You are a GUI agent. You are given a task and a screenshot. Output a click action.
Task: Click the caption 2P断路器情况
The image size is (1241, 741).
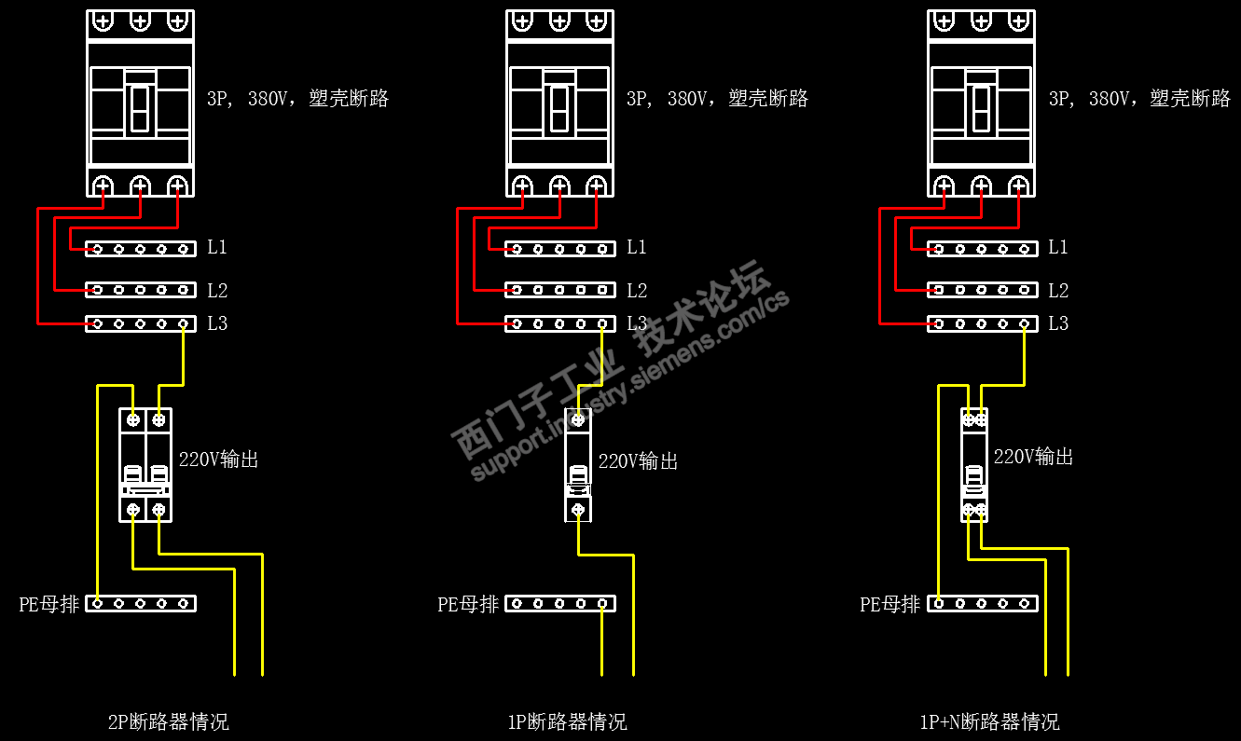click(168, 722)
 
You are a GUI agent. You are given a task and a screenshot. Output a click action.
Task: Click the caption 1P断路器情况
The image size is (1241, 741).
click(567, 722)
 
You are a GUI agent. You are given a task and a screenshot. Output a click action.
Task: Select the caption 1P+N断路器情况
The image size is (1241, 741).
click(989, 722)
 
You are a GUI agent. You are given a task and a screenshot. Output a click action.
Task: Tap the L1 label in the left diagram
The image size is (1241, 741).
click(217, 248)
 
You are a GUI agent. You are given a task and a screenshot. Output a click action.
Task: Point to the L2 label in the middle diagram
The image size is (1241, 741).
click(637, 291)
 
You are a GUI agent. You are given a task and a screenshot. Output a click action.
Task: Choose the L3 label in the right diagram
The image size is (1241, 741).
click(1058, 324)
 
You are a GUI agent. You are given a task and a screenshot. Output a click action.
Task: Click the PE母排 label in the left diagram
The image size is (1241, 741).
click(49, 604)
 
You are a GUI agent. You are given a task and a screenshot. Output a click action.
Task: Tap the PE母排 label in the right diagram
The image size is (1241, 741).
click(889, 604)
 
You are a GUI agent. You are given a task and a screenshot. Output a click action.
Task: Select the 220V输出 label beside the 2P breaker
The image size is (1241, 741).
click(219, 460)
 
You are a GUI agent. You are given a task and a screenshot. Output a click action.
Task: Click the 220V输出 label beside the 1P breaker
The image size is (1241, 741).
click(639, 461)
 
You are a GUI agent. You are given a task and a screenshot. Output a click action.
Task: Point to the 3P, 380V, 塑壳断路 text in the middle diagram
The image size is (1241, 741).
click(717, 99)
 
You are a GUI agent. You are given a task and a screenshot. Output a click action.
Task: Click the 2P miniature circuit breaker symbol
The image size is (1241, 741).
click(146, 464)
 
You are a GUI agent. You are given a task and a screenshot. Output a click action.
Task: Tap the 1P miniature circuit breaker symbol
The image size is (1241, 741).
click(578, 464)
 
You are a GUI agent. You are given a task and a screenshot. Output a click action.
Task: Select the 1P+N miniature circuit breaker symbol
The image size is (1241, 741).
click(974, 464)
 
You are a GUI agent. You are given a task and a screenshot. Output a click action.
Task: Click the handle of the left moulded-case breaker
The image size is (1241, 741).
click(140, 107)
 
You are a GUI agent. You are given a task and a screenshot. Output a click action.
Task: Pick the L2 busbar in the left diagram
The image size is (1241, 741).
click(141, 290)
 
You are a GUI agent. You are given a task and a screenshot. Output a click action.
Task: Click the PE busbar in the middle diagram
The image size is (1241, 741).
click(560, 604)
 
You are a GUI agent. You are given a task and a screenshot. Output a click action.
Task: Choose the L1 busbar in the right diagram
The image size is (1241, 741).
click(982, 249)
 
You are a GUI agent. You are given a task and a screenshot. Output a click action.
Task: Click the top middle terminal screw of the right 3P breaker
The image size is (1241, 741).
click(981, 21)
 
